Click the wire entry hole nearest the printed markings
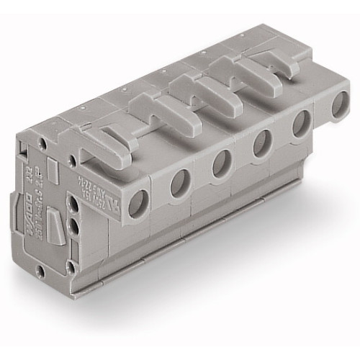point(135,205)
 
